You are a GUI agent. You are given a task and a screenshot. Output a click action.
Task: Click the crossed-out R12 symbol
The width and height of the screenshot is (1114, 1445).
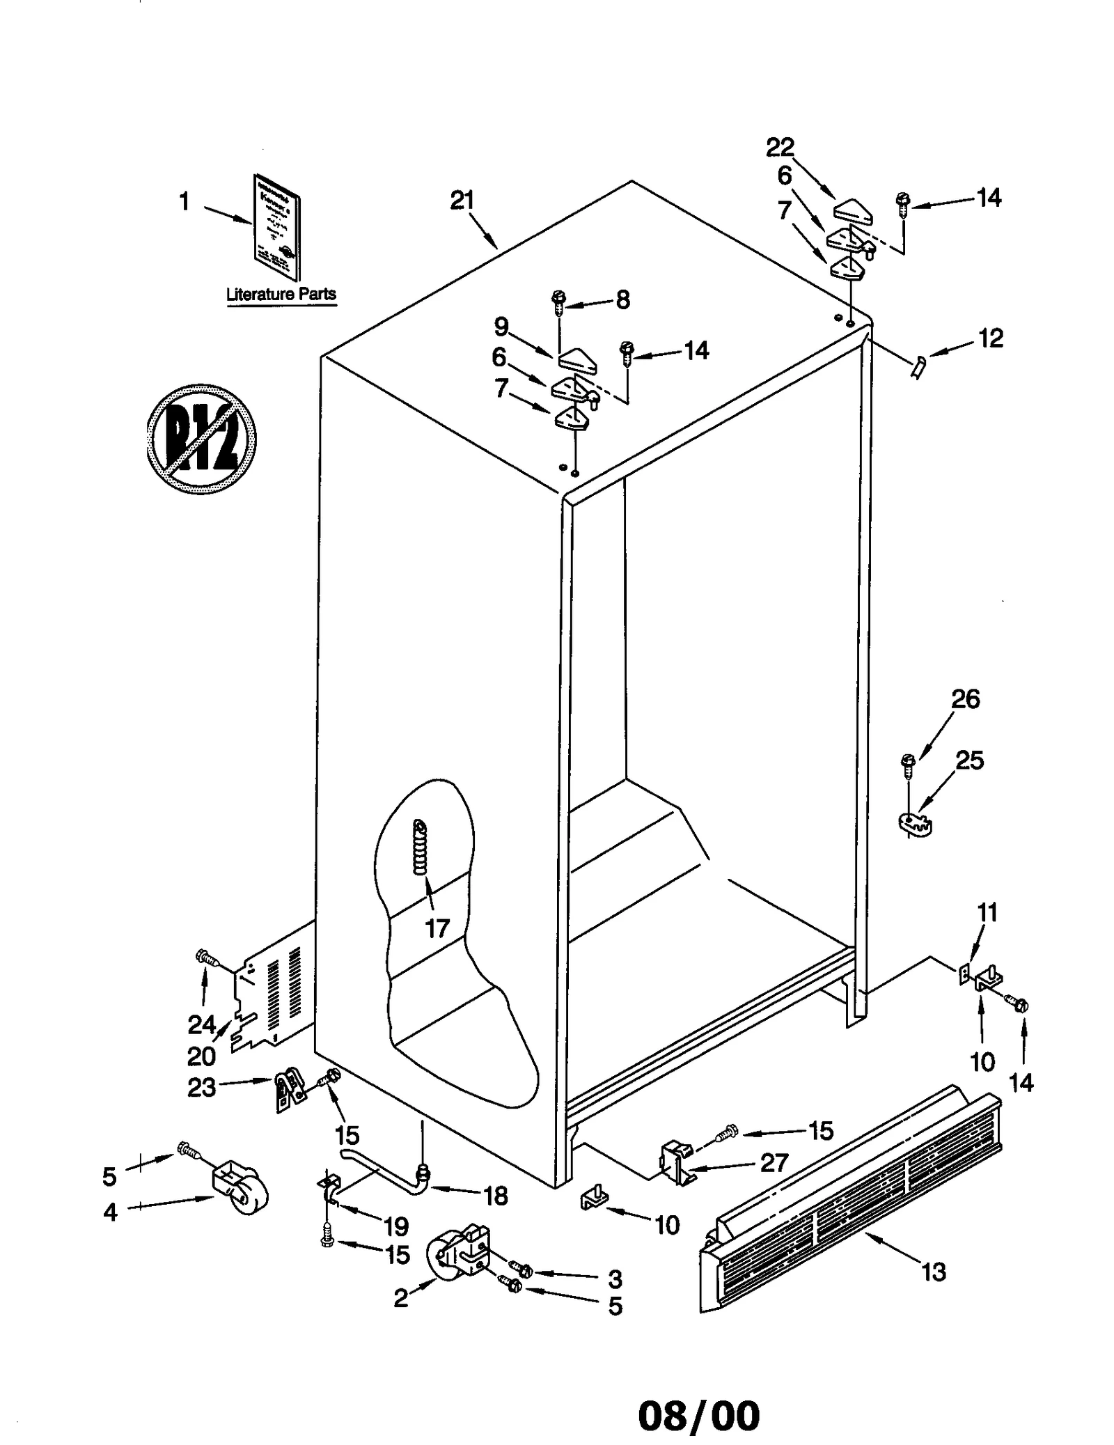tap(201, 439)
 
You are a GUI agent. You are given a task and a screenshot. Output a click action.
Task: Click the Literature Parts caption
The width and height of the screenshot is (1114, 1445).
tap(281, 294)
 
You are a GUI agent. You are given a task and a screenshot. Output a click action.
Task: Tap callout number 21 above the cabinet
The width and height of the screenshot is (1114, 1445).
tap(462, 201)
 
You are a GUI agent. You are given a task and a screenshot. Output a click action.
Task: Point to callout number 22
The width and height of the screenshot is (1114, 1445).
tap(780, 148)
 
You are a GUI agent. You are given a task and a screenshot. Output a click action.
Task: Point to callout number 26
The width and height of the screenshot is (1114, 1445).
tap(965, 699)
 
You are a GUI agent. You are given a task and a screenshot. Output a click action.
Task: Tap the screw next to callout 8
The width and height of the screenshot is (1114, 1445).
tap(558, 299)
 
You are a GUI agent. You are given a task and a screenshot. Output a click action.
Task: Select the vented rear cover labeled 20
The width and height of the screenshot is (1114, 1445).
tap(275, 989)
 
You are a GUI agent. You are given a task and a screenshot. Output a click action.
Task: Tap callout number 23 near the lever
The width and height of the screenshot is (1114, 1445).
tap(201, 1088)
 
